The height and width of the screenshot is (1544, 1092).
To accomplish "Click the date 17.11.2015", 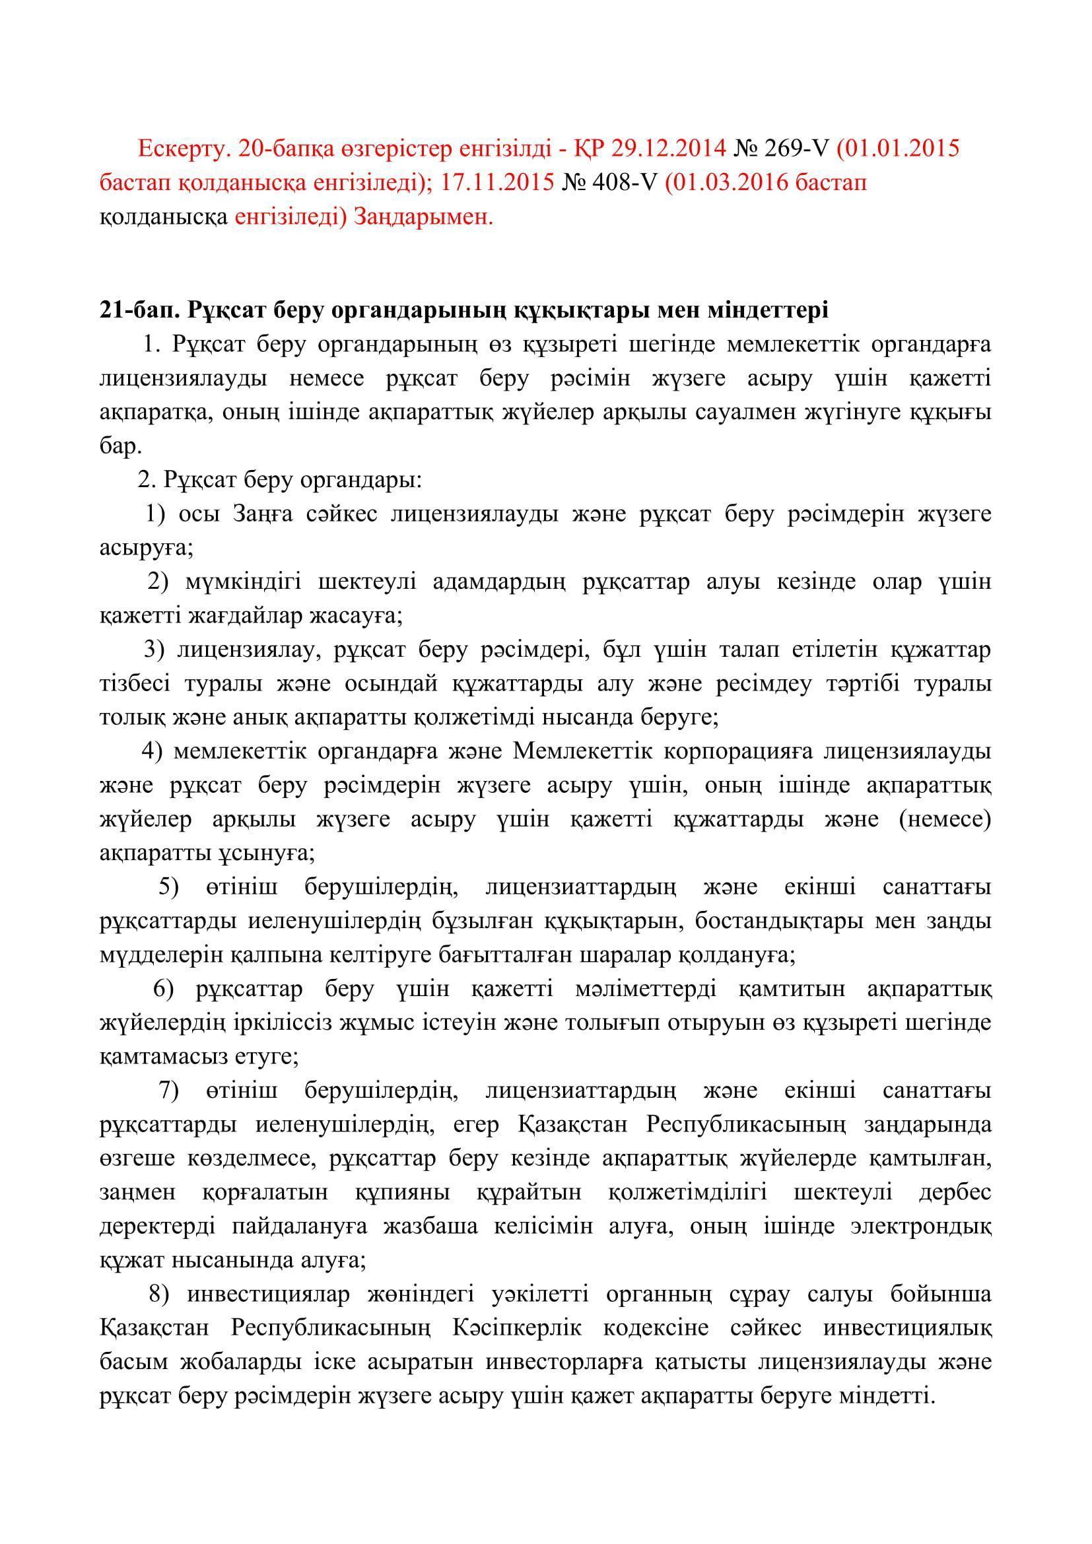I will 498,182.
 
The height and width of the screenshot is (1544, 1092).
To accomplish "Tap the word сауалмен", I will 745,412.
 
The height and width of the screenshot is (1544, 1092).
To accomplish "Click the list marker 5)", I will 169,887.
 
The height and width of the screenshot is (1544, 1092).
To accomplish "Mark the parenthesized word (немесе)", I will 944,820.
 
